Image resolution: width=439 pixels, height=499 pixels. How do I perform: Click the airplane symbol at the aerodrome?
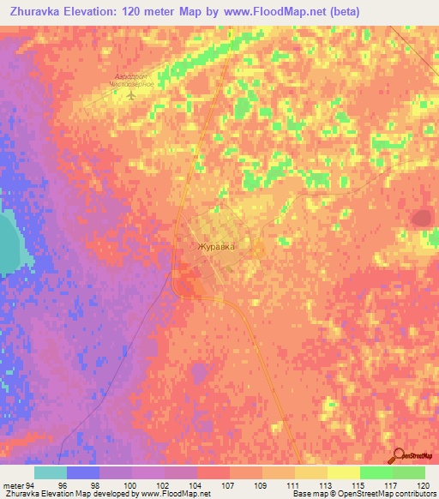131,95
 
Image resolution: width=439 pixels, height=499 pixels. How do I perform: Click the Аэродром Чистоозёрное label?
133,81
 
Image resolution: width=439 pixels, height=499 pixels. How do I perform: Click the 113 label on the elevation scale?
302,485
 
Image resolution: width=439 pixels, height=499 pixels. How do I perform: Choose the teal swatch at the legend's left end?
51,472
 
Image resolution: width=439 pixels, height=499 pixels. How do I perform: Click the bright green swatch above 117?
376,472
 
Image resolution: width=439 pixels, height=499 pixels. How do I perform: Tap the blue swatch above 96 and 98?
83,472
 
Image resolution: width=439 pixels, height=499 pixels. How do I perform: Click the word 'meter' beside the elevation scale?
12,485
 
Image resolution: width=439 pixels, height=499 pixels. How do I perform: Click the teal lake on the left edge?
9,244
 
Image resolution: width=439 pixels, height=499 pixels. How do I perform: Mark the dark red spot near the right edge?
421,219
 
